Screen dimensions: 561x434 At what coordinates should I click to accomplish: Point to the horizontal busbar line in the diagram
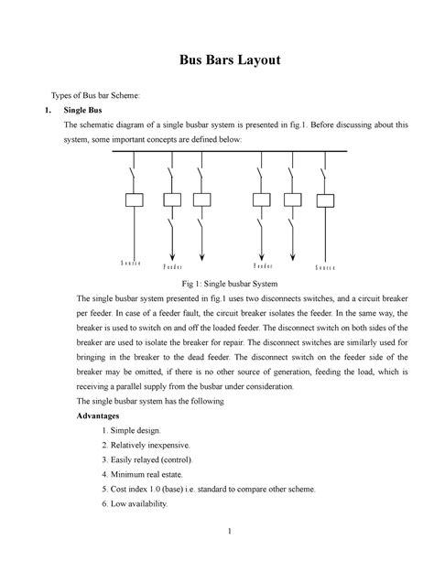coord(229,152)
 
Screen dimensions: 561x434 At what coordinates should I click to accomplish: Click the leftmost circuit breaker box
coord(133,200)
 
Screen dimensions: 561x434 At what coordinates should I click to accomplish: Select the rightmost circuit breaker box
coord(324,200)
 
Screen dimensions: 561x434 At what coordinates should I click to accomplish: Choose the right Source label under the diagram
coord(327,268)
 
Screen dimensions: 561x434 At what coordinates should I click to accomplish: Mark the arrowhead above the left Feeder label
coord(171,255)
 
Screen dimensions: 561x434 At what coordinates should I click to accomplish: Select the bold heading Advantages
coord(97,415)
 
